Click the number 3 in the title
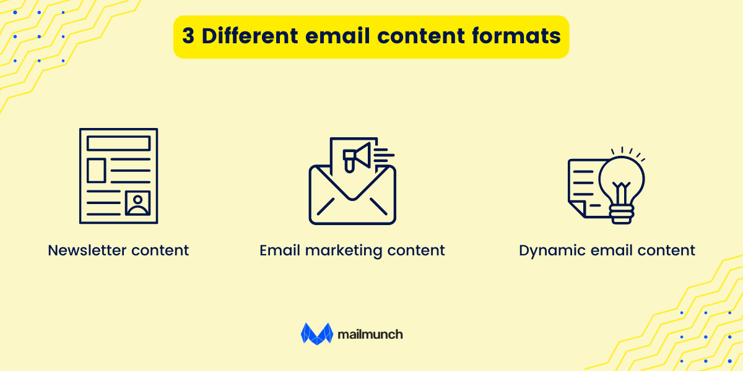point(188,36)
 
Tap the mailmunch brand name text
point(370,335)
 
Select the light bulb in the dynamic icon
point(621,179)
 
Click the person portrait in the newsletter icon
point(137,203)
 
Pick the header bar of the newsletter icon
point(118,143)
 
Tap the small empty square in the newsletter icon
point(96,170)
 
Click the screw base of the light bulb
point(621,216)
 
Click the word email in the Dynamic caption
point(604,250)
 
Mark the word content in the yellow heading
point(420,36)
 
